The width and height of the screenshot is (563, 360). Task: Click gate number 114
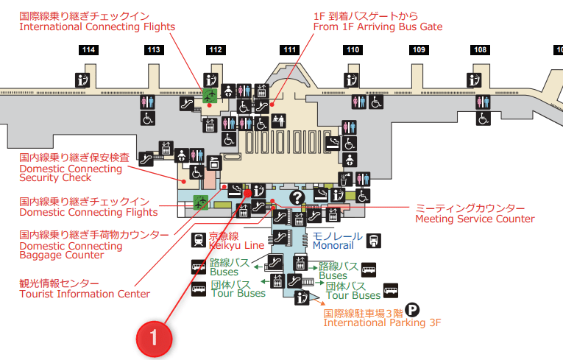(89, 50)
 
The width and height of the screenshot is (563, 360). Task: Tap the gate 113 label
(154, 50)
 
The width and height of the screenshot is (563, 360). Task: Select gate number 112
(216, 50)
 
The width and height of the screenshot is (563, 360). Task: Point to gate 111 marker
(289, 50)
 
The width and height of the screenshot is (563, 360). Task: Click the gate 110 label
(353, 50)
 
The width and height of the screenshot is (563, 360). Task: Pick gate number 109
(419, 50)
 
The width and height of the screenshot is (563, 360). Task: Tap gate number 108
(481, 50)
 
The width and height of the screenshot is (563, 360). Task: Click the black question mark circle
(297, 197)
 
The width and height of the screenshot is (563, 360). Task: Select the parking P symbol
(413, 311)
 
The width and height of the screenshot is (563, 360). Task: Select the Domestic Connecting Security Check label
(70, 168)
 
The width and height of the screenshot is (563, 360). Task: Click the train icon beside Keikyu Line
(198, 240)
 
